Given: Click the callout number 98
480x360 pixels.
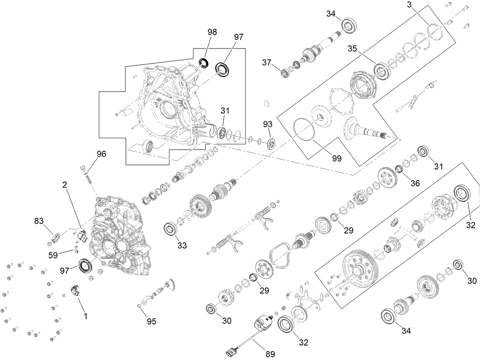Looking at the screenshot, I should click(212, 32).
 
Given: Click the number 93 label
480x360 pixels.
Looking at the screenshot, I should click(268, 125).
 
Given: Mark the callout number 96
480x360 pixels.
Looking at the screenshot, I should click(101, 154).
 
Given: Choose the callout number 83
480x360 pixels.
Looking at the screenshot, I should click(39, 221).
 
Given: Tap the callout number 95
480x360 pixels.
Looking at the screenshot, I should click(151, 321).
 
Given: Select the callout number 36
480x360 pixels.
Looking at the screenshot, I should click(415, 183).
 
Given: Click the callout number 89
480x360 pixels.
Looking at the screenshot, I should click(270, 354).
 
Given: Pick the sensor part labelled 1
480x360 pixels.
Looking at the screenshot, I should click(76, 290).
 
